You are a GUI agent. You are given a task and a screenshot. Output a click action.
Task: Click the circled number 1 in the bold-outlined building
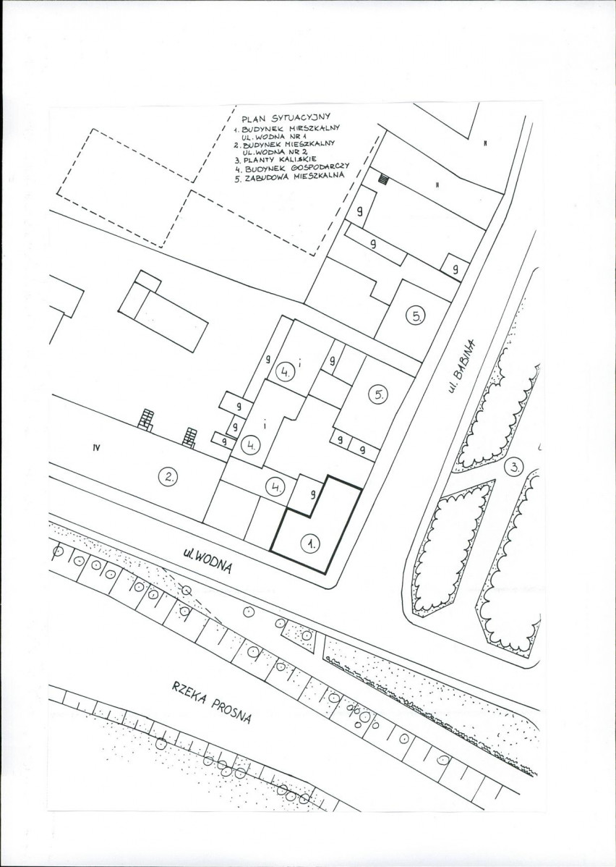[x=309, y=544]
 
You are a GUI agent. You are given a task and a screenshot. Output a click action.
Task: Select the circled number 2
[x=167, y=476]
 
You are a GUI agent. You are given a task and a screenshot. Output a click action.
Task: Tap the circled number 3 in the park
[x=513, y=466]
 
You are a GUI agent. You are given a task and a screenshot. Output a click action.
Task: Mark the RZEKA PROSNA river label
[x=212, y=702]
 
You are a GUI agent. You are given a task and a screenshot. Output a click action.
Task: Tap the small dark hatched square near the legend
[x=383, y=179]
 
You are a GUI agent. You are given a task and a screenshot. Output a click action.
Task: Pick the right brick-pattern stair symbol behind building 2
[x=190, y=437]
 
